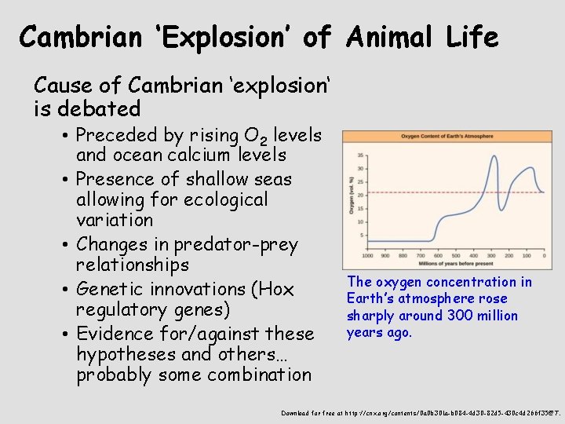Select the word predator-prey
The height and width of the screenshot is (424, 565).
242,245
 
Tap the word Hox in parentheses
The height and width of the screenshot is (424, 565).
276,289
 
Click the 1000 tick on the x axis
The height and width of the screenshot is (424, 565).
367,255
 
